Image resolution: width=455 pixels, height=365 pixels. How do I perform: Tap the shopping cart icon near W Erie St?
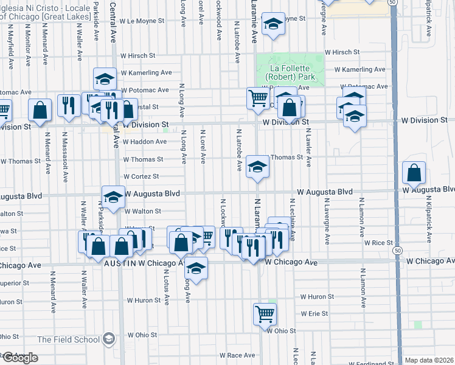pyautogui.click(x=265, y=314)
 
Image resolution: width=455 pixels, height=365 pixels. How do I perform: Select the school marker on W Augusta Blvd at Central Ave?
pyautogui.click(x=113, y=196)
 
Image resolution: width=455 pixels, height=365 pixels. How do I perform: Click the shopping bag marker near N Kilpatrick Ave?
pyautogui.click(x=414, y=173)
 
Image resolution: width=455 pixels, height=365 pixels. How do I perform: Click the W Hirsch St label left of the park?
pyautogui.click(x=137, y=55)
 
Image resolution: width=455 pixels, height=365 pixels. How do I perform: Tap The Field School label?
pyautogui.click(x=69, y=339)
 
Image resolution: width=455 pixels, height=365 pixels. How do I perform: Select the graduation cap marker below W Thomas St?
pyautogui.click(x=257, y=169)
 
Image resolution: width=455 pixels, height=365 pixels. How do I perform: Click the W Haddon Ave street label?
pyautogui.click(x=144, y=142)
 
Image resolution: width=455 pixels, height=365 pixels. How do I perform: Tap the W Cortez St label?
pyautogui.click(x=141, y=176)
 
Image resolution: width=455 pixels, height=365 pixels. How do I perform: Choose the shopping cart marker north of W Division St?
pyautogui.click(x=258, y=97)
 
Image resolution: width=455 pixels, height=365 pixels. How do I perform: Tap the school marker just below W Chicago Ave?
pyautogui.click(x=196, y=268)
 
